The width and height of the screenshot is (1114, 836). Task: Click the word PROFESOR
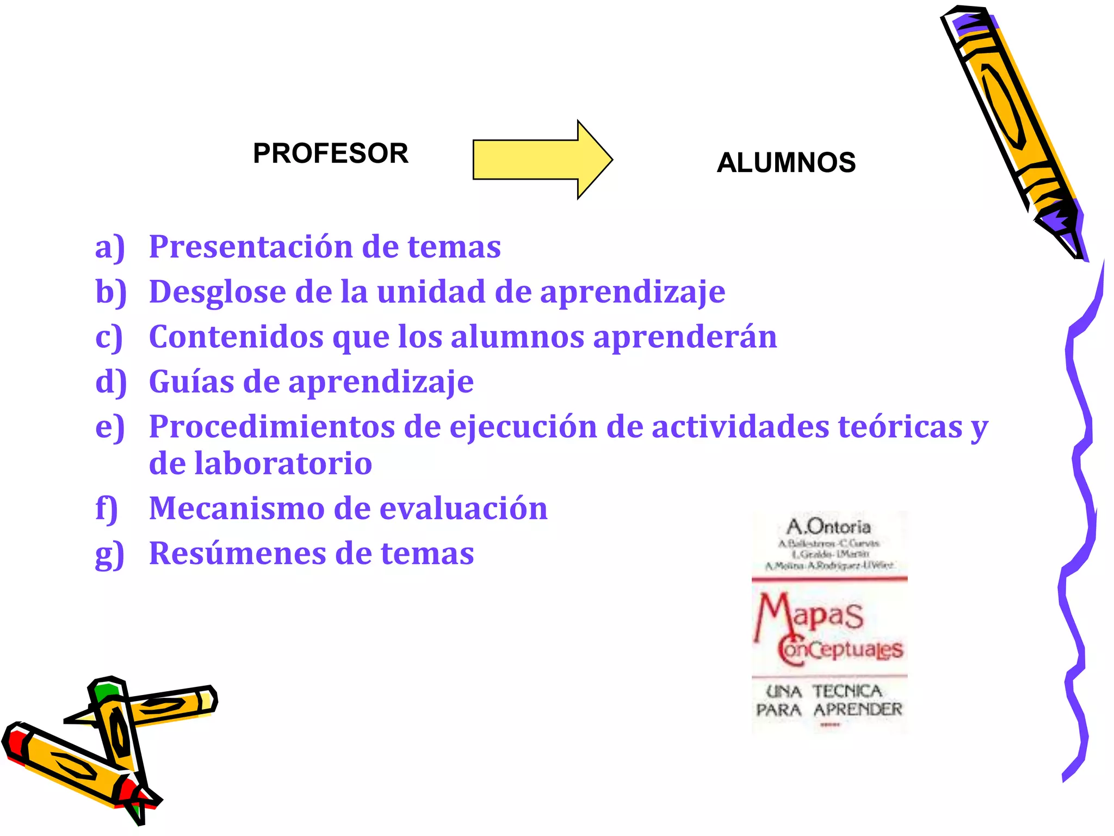coord(330,153)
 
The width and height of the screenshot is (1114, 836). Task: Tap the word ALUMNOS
coord(786,162)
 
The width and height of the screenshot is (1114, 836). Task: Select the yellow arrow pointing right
coord(542,159)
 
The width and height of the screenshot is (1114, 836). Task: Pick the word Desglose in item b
coord(218,292)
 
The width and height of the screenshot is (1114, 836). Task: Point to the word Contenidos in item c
coord(236,336)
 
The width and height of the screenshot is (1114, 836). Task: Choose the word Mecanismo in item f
coord(237,508)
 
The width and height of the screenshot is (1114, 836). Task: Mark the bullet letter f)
coord(107,509)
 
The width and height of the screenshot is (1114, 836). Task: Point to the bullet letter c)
coord(109,337)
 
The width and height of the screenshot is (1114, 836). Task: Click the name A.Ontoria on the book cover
coord(828,526)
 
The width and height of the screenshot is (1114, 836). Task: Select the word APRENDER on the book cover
coord(858,710)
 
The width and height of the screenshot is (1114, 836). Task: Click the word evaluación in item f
coord(463,508)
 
